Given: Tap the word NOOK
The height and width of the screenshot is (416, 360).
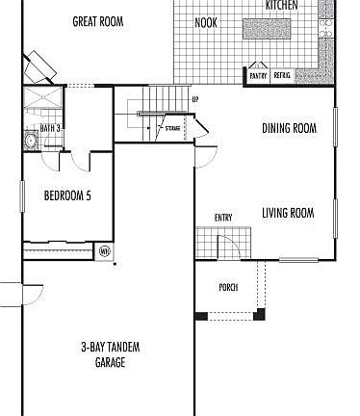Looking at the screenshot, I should tap(205, 22).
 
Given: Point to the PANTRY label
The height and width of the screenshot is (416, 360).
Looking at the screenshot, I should tap(258, 75).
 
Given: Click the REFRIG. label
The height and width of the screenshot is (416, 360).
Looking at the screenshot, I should tap(282, 75).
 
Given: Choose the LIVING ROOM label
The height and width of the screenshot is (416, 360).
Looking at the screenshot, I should tap(289, 213).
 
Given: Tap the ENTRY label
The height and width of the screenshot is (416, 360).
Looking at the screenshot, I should tap(223, 218).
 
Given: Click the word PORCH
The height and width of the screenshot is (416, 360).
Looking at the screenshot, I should tap(228, 287).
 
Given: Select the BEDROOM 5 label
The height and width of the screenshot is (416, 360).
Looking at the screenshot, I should tap(68, 196).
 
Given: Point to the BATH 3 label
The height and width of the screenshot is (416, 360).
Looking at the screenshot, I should tap(50, 128).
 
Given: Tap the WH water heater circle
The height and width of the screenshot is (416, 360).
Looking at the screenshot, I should tap(105, 251).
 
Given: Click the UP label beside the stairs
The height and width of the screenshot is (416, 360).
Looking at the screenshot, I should tap(195, 99).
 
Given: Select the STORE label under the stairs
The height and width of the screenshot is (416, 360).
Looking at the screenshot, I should tap(169, 127).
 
